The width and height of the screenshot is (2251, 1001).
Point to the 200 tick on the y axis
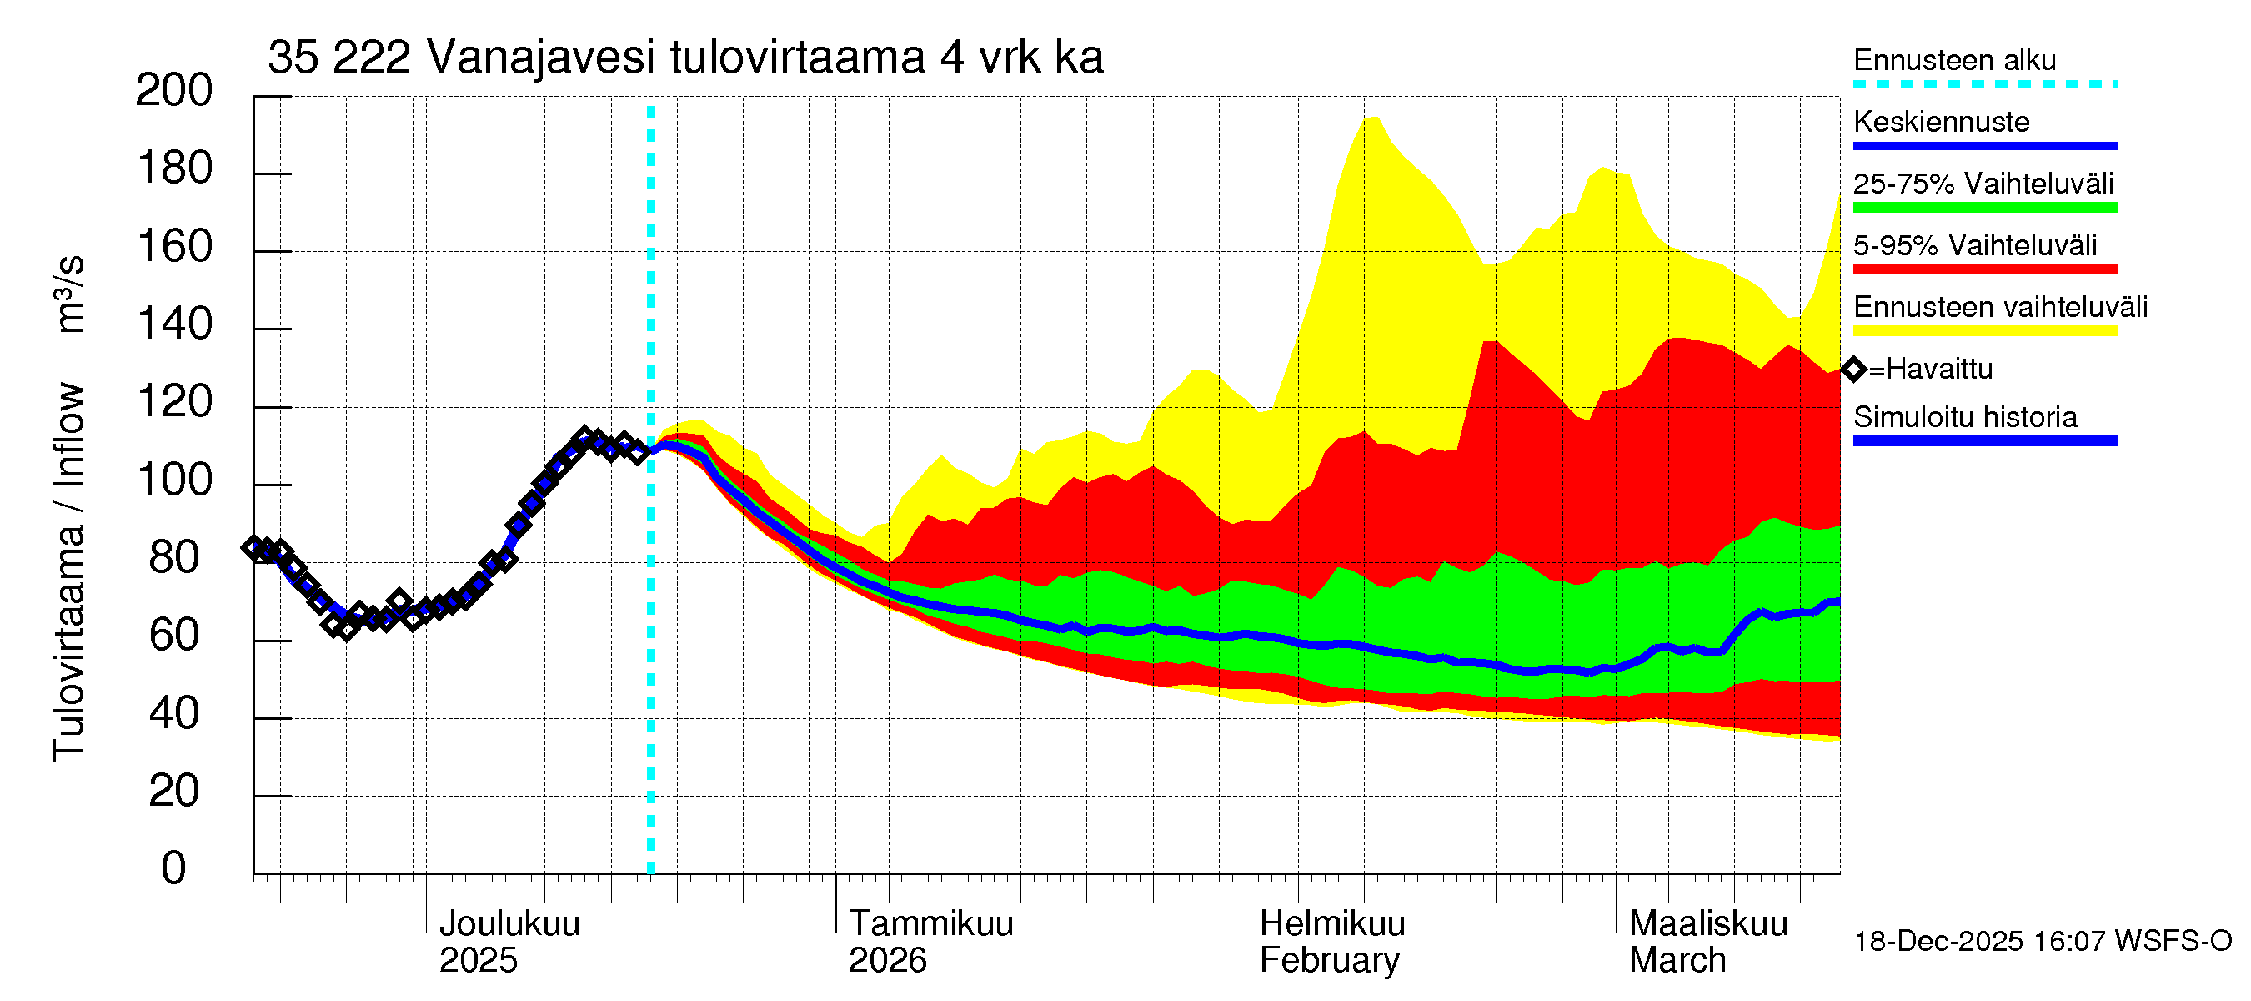click(174, 90)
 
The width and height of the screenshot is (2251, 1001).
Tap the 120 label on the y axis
click(174, 402)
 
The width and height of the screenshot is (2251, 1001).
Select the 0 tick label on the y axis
click(174, 868)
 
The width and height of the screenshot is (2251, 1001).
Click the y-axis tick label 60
click(174, 636)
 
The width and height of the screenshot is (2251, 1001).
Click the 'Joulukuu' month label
click(509, 923)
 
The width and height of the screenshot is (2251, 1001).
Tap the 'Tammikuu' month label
click(930, 923)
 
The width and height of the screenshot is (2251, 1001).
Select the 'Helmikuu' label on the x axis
click(1331, 923)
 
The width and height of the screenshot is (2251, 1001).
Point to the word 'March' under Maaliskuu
click(1677, 961)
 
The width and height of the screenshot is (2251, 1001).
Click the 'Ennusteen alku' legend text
click(1954, 60)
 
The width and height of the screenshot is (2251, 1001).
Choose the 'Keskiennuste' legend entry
click(1941, 122)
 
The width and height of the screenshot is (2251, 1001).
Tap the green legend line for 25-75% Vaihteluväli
click(1984, 207)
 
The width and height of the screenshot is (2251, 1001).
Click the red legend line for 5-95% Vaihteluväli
click(1984, 269)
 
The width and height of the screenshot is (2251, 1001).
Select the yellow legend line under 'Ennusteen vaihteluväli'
click(1984, 330)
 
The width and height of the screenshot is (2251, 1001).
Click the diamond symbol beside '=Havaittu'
click(1853, 369)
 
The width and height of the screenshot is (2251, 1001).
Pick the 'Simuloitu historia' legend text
click(1964, 417)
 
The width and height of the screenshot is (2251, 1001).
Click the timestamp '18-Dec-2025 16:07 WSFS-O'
click(2042, 942)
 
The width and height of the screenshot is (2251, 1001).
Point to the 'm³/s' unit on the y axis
click(70, 294)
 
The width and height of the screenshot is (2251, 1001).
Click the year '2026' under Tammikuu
click(887, 961)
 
